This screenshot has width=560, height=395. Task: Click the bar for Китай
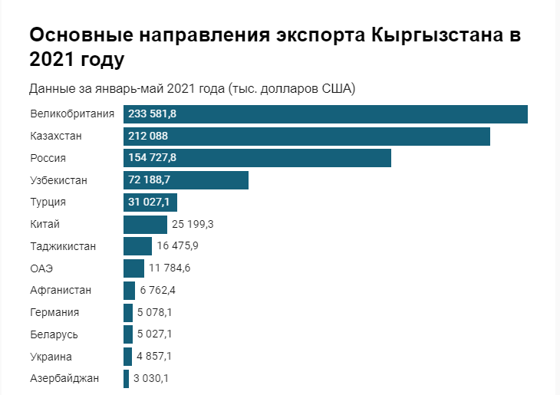(145, 225)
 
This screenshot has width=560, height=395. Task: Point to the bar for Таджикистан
(137, 246)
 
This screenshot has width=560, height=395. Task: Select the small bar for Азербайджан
(126, 379)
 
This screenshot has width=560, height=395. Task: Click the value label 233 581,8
(153, 114)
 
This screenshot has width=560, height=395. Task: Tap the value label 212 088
(148, 137)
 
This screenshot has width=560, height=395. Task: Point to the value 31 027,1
(150, 202)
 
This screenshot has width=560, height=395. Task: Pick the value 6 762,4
(157, 291)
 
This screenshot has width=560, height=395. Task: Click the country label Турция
(48, 202)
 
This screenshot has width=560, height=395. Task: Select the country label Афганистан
(61, 291)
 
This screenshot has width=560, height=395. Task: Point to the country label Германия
(54, 313)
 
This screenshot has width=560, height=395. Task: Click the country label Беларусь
(54, 335)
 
